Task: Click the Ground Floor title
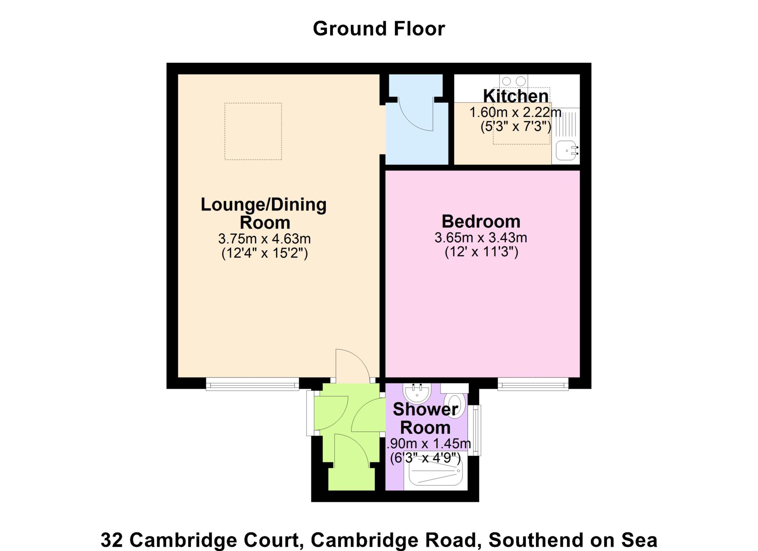[379, 29]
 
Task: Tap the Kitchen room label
[516, 96]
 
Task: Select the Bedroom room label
[481, 221]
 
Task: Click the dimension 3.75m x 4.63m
[264, 239]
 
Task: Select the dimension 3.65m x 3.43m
[481, 237]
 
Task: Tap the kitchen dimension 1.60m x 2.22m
[516, 112]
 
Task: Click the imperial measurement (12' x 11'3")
[481, 252]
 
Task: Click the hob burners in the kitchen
[514, 81]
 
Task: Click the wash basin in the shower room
[417, 392]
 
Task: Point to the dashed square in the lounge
[253, 131]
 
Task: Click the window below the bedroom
[533, 384]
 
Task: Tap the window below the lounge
[252, 384]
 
